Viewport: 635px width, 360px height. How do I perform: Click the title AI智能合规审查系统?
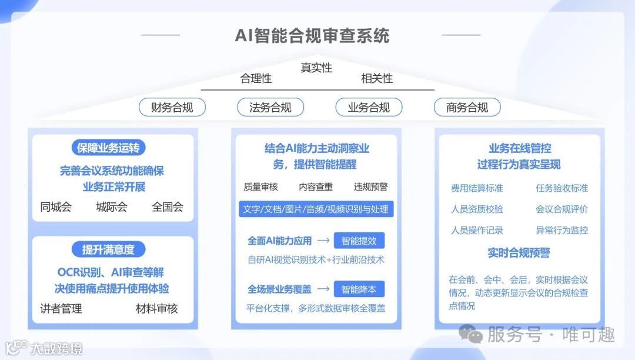pos(312,35)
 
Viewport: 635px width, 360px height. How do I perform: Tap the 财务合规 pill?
pos(172,107)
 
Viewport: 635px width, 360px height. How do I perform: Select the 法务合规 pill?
pos(270,107)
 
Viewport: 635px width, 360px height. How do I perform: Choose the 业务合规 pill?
pos(369,107)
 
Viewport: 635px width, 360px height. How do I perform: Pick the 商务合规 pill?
pos(467,107)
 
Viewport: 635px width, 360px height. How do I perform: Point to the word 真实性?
pos(316,68)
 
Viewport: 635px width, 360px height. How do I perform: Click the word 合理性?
pos(256,78)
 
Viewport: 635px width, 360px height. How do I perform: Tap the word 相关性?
pos(377,78)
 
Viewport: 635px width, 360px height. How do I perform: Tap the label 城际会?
pos(112,206)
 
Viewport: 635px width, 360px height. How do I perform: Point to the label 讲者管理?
pos(61,308)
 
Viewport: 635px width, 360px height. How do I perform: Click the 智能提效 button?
pos(359,241)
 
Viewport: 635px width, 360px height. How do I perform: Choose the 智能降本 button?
pos(359,289)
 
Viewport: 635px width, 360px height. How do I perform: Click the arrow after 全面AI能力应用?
pos(323,241)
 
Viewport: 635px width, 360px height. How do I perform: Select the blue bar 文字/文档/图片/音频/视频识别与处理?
pos(316,209)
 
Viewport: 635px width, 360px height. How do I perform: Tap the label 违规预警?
pos(370,186)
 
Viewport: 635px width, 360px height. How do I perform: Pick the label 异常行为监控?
pos(562,230)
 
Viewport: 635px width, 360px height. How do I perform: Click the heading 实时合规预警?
pos(519,253)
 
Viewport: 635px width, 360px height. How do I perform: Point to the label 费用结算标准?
pos(477,188)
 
